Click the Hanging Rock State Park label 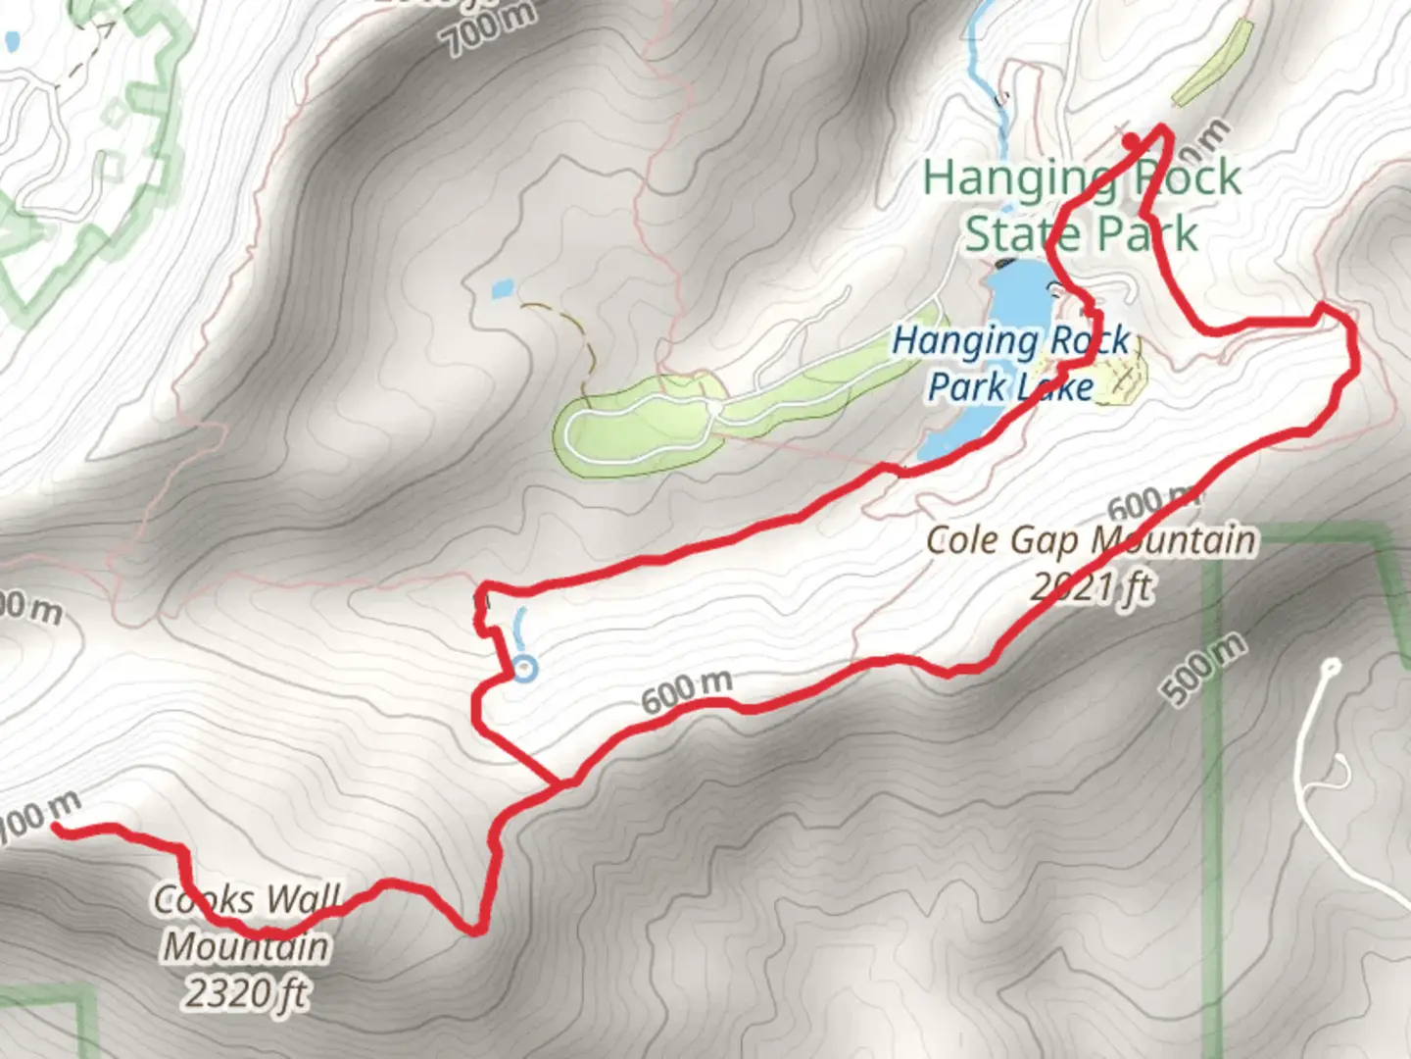1082,206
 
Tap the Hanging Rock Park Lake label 1011,364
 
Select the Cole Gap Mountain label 1090,540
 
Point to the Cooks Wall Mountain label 247,923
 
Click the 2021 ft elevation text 1091,587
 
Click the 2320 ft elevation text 246,993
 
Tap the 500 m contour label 1206,669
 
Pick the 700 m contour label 492,29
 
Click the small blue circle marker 526,669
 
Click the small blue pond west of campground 501,289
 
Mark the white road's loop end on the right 1330,667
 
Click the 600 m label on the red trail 687,691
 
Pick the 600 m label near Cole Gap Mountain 1151,502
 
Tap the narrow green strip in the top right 1213,62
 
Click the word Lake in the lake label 1051,387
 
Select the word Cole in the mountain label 962,540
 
